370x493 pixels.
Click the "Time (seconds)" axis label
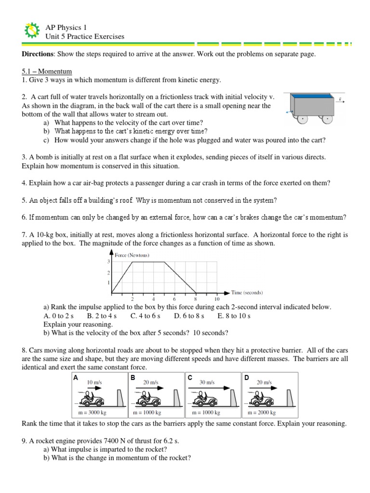(x=247, y=292)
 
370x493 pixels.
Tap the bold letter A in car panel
(x=76, y=378)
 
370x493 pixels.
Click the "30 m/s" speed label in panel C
(x=208, y=382)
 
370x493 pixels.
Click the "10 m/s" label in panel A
(x=94, y=382)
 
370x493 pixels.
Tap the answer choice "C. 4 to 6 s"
(x=145, y=316)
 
